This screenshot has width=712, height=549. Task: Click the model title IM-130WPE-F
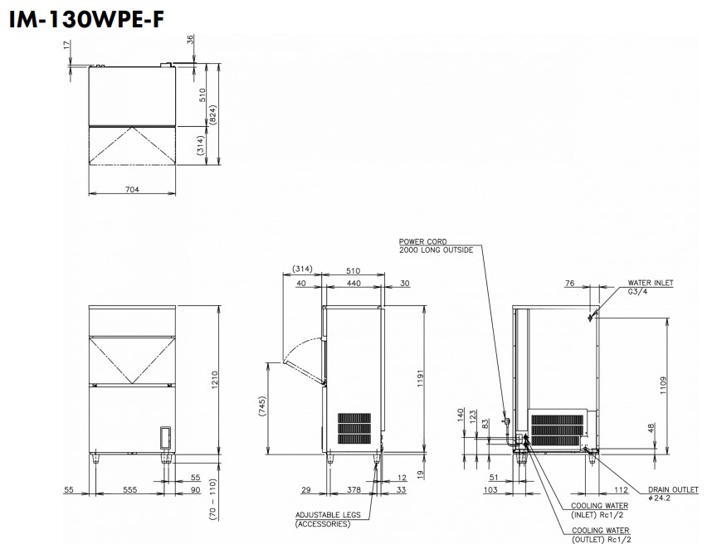[x=86, y=19]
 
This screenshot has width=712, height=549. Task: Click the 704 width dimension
[x=132, y=190]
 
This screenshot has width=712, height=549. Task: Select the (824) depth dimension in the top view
[x=213, y=115]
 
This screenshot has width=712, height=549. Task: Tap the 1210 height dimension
[x=215, y=380]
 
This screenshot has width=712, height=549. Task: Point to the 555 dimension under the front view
[x=129, y=489]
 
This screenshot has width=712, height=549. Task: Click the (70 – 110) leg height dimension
[x=213, y=499]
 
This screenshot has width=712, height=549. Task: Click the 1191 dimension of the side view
[x=420, y=379]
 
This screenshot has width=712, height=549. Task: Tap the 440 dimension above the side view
[x=354, y=283]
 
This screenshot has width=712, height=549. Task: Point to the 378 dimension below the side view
[x=354, y=489]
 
